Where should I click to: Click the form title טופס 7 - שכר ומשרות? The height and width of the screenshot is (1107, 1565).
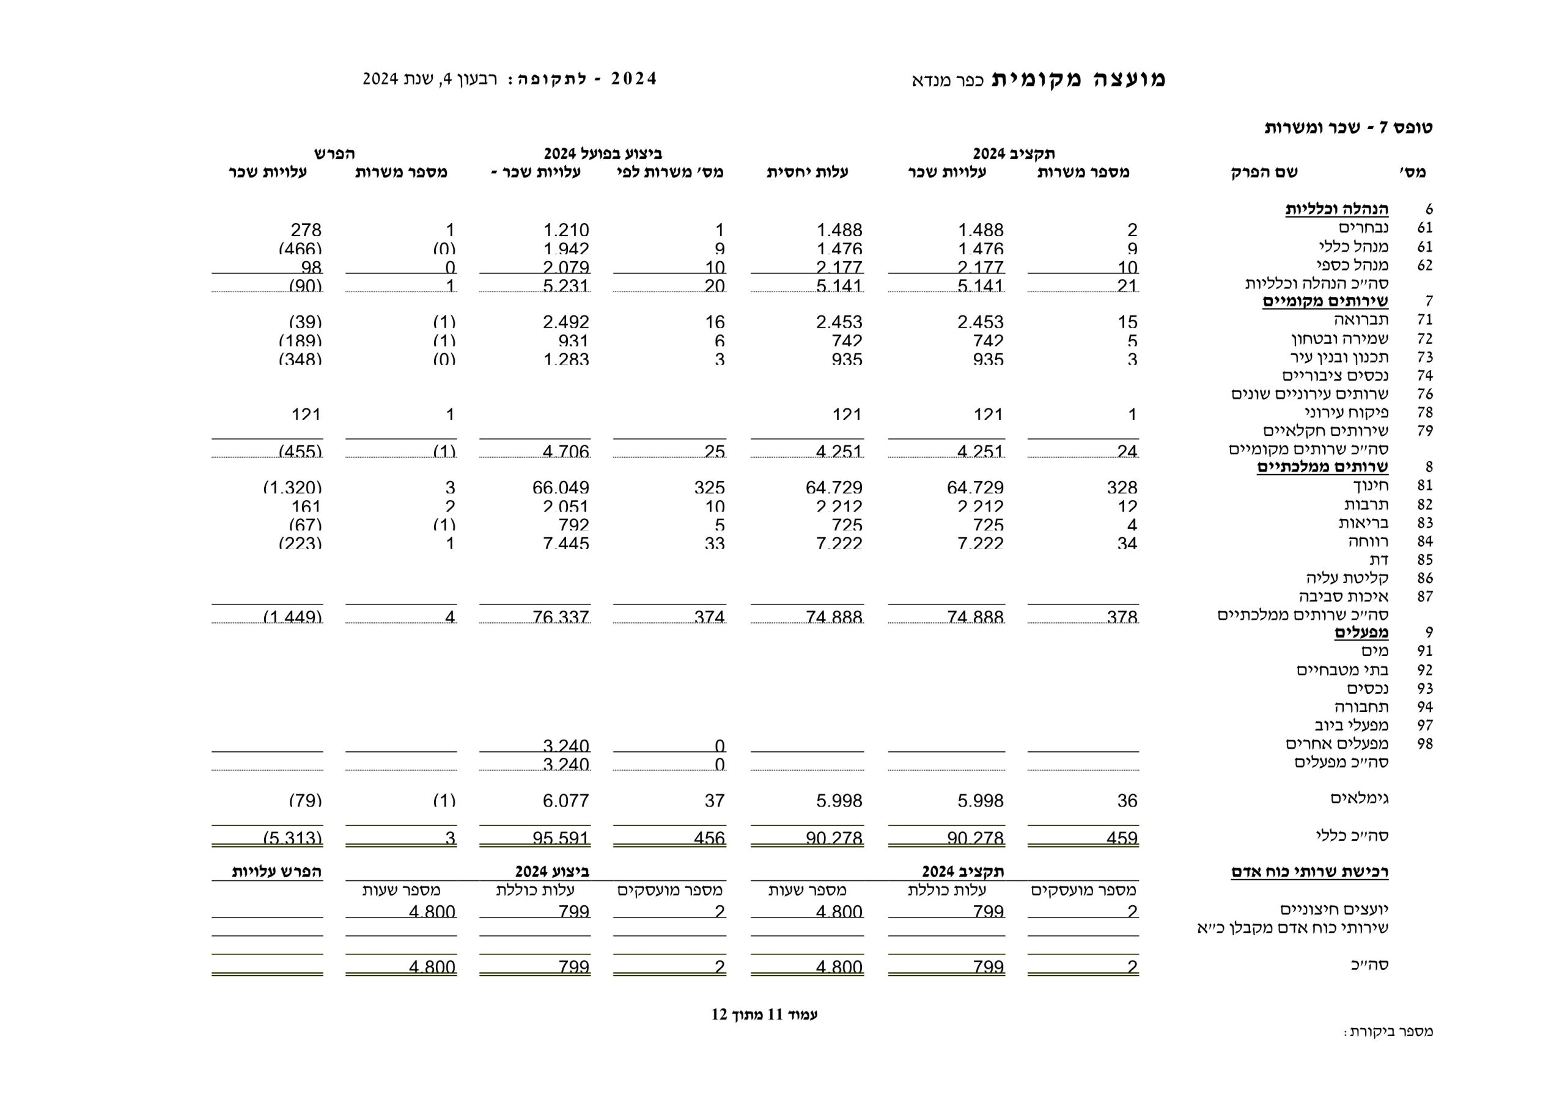(x=1347, y=128)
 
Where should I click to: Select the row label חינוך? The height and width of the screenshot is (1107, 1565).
(x=1371, y=485)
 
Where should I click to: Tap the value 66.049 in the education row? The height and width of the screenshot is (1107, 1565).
(x=561, y=487)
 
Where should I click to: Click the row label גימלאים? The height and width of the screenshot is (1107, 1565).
(x=1359, y=798)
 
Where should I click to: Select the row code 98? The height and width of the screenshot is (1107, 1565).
(x=1424, y=744)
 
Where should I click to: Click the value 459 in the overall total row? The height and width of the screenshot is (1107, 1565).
(x=1121, y=838)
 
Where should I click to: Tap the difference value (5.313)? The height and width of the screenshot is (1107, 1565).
(x=292, y=838)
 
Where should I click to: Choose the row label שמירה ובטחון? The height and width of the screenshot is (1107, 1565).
(x=1339, y=339)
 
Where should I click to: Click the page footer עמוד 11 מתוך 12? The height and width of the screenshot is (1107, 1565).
(x=764, y=1014)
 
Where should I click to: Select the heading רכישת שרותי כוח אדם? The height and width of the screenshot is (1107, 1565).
(x=1309, y=872)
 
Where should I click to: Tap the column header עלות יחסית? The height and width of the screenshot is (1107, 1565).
(x=807, y=172)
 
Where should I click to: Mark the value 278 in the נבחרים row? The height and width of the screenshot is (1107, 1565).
(x=306, y=230)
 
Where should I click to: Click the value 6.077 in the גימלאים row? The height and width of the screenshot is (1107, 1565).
(x=565, y=800)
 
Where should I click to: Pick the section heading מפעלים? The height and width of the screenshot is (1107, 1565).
(x=1361, y=633)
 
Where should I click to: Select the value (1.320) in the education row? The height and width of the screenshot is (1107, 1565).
(x=292, y=487)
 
